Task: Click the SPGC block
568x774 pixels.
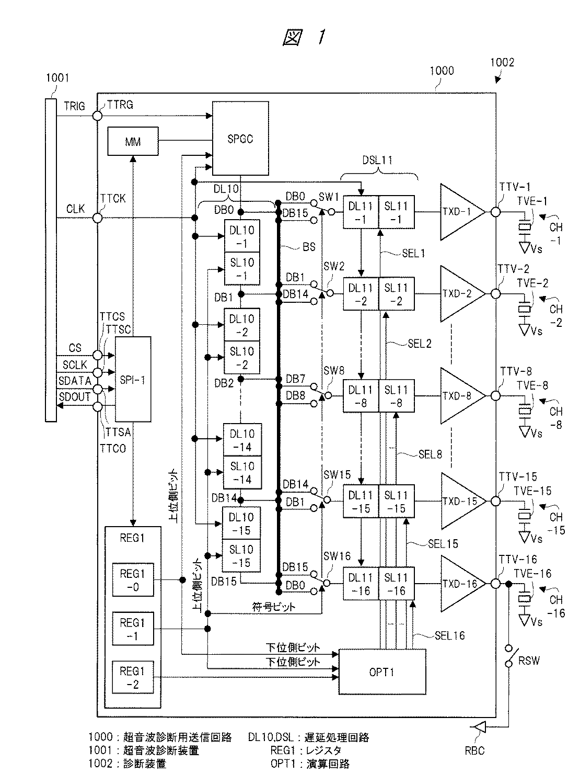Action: click(x=240, y=138)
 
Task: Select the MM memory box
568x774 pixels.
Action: click(x=133, y=141)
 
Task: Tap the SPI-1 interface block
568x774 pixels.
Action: click(x=133, y=379)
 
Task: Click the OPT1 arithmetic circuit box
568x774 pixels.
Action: click(x=382, y=671)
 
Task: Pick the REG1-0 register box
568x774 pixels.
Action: click(x=133, y=580)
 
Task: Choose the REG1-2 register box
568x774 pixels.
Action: click(x=133, y=678)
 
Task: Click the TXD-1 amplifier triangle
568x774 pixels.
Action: click(x=462, y=212)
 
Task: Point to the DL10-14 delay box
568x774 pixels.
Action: click(x=242, y=440)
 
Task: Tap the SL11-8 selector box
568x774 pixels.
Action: click(x=397, y=396)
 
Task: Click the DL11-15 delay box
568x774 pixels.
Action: click(x=361, y=502)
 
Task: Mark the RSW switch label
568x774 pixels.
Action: click(x=529, y=661)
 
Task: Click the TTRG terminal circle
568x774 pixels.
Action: click(x=98, y=116)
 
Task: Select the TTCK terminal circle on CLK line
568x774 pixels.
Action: click(x=98, y=218)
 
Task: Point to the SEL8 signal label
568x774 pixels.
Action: click(x=430, y=454)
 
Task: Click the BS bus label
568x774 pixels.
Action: click(x=309, y=247)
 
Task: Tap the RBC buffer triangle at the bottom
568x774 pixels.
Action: click(x=480, y=727)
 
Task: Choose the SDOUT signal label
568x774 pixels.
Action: click(x=75, y=396)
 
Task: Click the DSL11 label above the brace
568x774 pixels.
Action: click(x=377, y=160)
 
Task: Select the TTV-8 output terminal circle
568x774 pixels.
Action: click(x=495, y=396)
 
